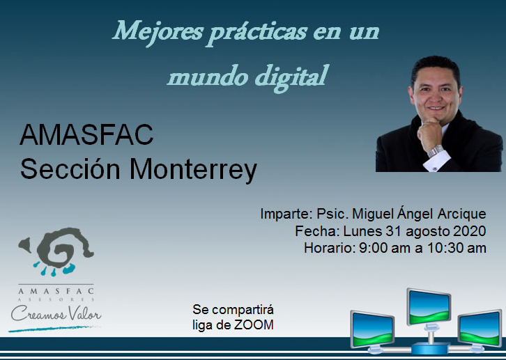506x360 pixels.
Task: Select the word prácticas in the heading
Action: pos(256,33)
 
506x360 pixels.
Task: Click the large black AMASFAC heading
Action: pos(86,134)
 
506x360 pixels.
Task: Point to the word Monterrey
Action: pos(193,171)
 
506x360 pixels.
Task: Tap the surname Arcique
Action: pos(462,214)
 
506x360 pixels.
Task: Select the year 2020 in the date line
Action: pos(470,231)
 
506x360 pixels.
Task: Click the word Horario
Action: pos(330,248)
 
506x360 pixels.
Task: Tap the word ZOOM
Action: pos(254,325)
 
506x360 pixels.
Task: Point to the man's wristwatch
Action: pos(435,150)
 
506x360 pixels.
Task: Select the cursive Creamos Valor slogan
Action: pos(56,314)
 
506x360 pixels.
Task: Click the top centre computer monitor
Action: pos(429,307)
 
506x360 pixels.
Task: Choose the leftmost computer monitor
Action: pos(372,329)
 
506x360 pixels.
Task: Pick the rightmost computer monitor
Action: pos(480,329)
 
